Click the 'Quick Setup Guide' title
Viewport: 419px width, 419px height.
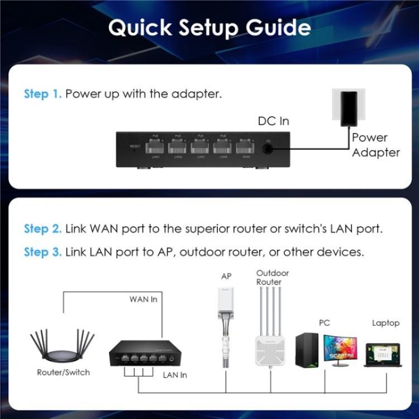[x=209, y=27]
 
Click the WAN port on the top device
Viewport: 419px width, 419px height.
[x=245, y=148]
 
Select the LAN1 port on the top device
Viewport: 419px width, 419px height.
[x=156, y=148]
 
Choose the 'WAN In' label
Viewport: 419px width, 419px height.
[x=144, y=299]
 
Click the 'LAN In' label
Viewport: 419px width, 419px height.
[x=175, y=375]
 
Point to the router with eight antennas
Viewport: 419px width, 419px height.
[x=61, y=349]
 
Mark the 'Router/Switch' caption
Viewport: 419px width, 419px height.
[x=63, y=372]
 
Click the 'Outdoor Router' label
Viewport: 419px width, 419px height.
[x=273, y=278]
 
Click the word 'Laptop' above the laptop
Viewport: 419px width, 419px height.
[x=385, y=323]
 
